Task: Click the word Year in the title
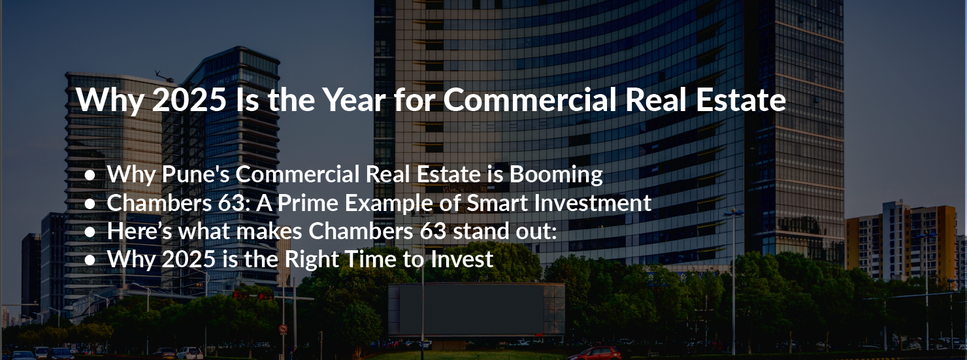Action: pos(354,100)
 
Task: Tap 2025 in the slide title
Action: pos(189,100)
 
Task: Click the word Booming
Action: pos(556,175)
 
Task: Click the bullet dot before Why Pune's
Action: pos(90,175)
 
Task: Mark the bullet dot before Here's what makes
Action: pos(90,232)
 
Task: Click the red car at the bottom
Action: pos(595,353)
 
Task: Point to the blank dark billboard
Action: pos(476,309)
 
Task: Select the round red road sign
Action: pos(283,329)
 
